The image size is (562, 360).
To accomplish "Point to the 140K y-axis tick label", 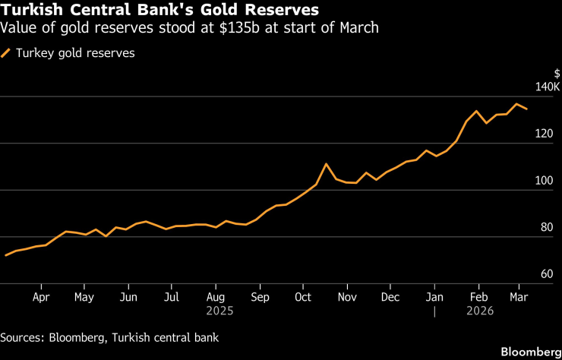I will coord(547,87).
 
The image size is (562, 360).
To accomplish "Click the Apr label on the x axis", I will coord(41,297).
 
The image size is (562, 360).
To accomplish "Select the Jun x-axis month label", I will coord(128,297).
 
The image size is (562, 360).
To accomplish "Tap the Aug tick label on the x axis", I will coord(216,297).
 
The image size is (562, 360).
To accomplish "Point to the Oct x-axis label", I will coord(303,297).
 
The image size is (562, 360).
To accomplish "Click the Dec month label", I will coord(390,297).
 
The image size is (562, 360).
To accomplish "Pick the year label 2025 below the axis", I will coord(216,311).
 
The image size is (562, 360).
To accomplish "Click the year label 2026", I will coord(479,311).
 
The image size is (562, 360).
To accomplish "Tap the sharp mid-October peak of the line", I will coord(326,164).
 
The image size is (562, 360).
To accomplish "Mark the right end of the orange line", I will coord(527,109).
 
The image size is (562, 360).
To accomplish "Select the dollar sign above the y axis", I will coord(557,74).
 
